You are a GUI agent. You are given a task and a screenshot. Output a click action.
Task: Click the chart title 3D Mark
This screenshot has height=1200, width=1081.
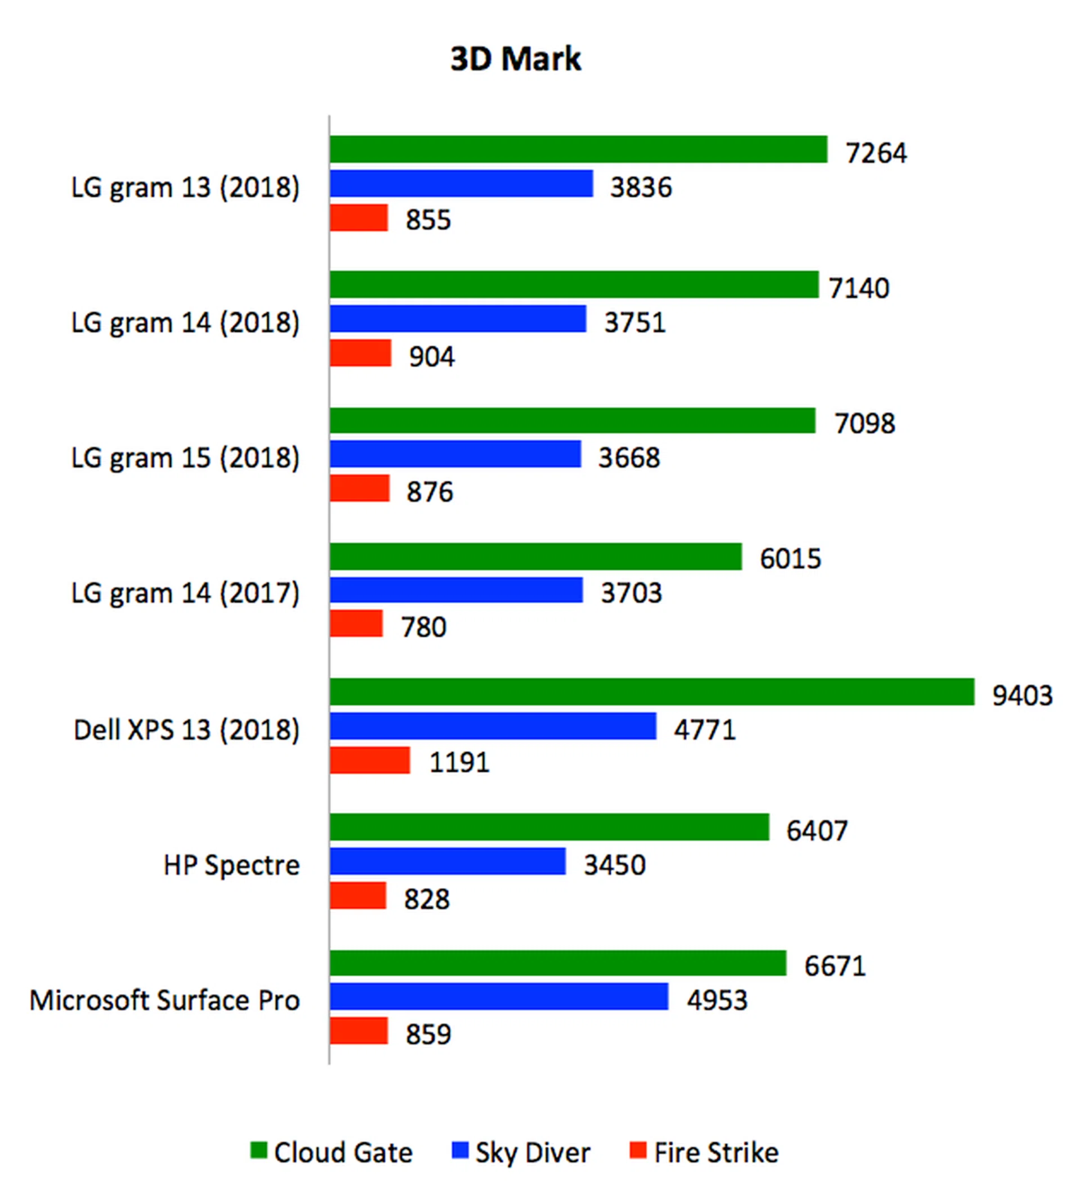click(x=516, y=59)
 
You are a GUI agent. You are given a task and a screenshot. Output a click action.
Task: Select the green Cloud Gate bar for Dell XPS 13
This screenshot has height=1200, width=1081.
click(x=651, y=692)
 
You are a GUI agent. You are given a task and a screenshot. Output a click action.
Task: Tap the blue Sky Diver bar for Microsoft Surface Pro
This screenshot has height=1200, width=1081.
click(x=499, y=996)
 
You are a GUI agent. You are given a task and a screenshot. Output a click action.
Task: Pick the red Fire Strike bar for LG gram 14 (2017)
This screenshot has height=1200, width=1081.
click(x=356, y=624)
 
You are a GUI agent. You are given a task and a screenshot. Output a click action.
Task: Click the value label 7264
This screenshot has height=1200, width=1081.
click(x=876, y=153)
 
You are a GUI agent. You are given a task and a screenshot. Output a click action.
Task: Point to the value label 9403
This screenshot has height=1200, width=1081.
click(x=1022, y=695)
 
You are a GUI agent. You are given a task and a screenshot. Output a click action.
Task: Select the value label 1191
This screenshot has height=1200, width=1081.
click(x=459, y=763)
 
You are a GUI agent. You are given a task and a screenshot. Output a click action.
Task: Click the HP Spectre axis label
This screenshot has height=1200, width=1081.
click(x=231, y=865)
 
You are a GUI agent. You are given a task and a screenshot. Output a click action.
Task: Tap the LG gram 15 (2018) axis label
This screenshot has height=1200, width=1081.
click(x=185, y=457)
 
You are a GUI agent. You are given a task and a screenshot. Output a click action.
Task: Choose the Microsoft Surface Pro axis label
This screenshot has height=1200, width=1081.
click(x=164, y=1001)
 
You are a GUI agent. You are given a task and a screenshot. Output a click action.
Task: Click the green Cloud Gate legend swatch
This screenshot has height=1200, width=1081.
click(x=259, y=1150)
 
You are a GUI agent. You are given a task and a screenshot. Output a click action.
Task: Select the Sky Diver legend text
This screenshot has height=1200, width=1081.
click(x=532, y=1153)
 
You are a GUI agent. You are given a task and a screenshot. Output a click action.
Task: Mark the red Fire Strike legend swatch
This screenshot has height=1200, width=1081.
click(x=638, y=1150)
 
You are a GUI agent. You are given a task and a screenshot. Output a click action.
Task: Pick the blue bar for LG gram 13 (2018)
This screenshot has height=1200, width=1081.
click(x=462, y=183)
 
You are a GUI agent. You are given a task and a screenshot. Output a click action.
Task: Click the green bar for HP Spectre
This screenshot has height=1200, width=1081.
click(x=550, y=828)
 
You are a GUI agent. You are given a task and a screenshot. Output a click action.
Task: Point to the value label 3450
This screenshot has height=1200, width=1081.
click(x=614, y=865)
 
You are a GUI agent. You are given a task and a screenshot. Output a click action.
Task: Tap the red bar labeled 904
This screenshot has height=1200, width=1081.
click(x=360, y=353)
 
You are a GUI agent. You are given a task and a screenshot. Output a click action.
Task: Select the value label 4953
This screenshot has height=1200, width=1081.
click(x=717, y=1001)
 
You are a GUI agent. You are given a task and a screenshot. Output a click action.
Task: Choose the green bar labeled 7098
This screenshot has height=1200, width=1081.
click(x=573, y=420)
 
